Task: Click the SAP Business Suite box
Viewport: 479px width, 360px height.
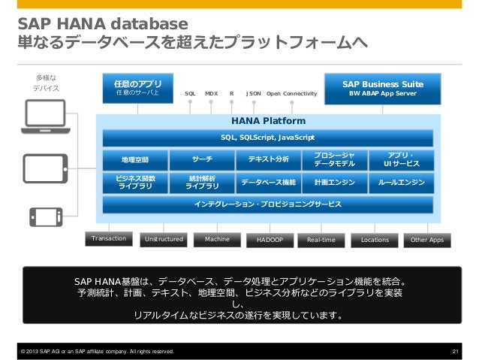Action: coord(382,89)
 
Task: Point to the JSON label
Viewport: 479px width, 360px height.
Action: coord(254,94)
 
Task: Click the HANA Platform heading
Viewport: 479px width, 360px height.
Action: coord(268,119)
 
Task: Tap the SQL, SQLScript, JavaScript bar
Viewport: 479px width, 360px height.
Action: coord(268,138)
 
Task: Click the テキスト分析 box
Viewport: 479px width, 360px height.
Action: coord(268,159)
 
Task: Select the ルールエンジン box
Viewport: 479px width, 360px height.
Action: coord(401,182)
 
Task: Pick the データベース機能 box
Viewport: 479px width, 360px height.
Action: coord(268,182)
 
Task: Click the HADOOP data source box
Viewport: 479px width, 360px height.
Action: coord(269,241)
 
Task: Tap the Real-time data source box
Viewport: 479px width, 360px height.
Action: coord(321,241)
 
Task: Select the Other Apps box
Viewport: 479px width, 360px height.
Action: coord(426,241)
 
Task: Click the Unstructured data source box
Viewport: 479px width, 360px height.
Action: coord(164,240)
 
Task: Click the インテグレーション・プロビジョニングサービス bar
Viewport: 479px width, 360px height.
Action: coord(268,204)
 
